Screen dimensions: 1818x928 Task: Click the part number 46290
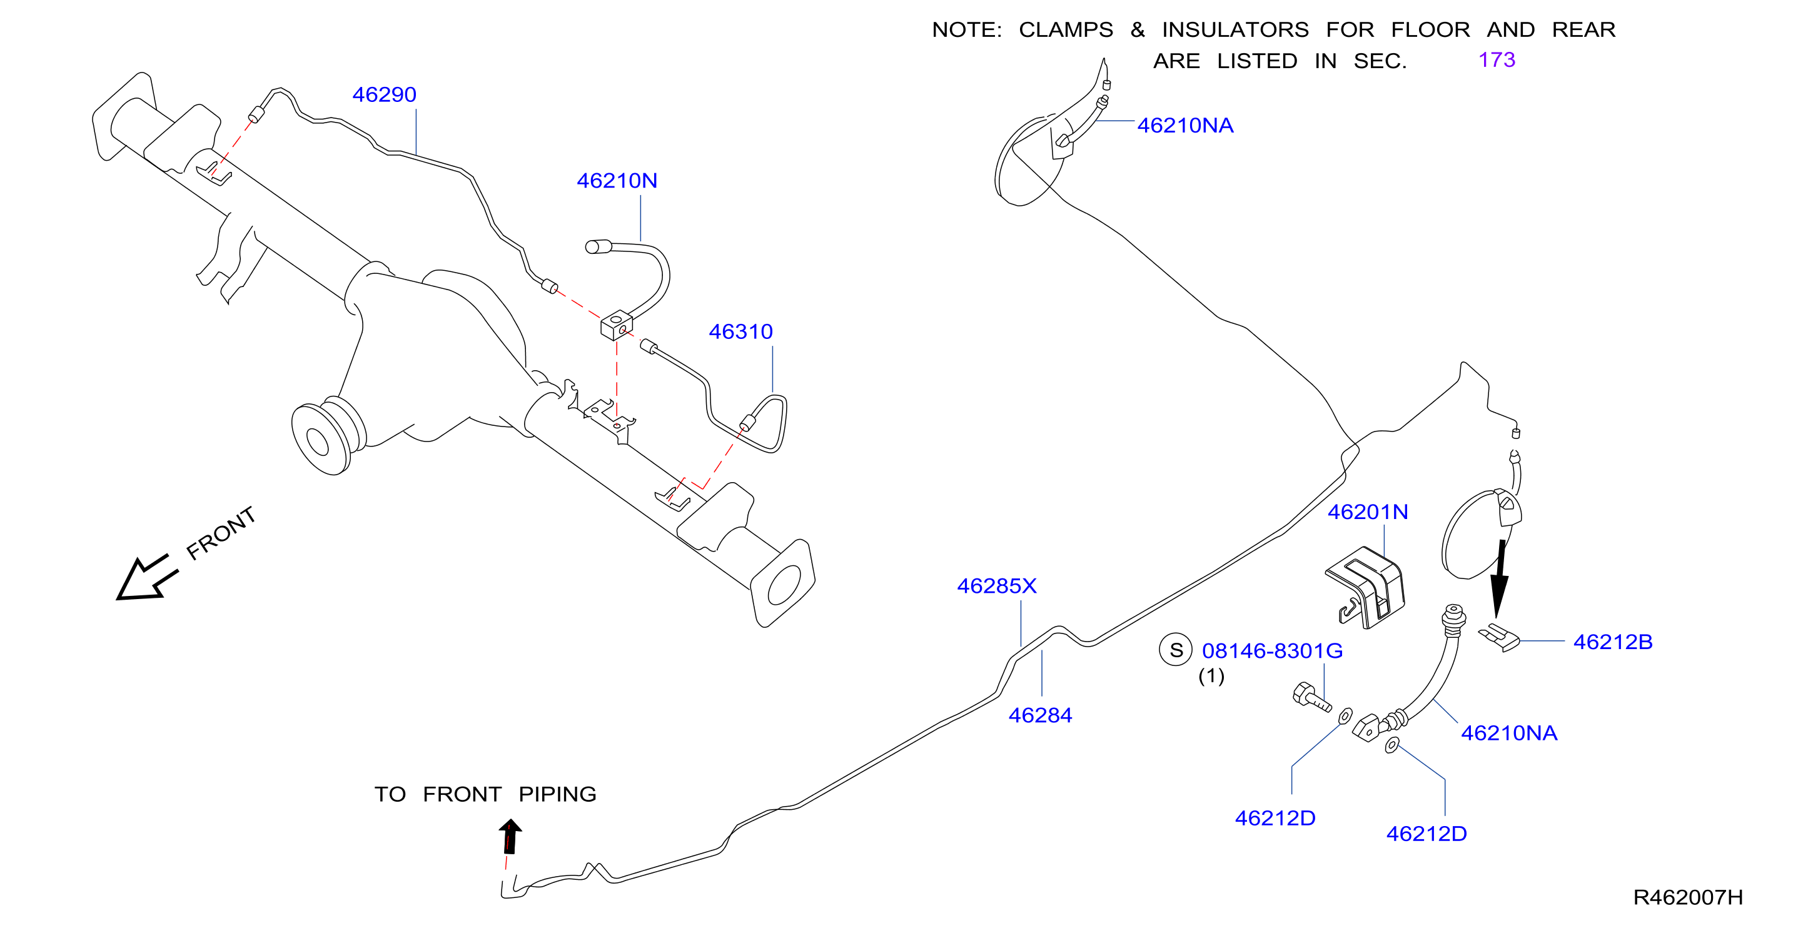coord(384,94)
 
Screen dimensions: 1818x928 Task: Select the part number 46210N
coord(617,181)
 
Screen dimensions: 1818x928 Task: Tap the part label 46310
coord(740,331)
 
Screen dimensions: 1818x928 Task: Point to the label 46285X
coord(996,586)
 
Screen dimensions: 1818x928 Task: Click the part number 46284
coord(1040,715)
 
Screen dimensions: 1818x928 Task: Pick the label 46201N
coord(1368,512)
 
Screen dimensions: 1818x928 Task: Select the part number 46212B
coord(1613,642)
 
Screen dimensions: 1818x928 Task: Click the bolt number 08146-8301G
coord(1273,650)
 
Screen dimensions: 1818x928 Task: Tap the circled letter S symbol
coord(1176,650)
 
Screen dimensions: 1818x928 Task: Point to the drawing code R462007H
coord(1687,897)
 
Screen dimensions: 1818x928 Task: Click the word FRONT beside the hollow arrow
coord(220,533)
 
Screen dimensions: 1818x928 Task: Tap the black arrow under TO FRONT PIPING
coord(510,836)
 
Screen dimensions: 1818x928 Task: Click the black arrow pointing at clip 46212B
coord(1500,578)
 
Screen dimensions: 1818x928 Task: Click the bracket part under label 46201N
coord(1366,587)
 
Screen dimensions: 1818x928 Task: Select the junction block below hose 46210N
coord(616,325)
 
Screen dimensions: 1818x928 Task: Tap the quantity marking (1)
coord(1211,676)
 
